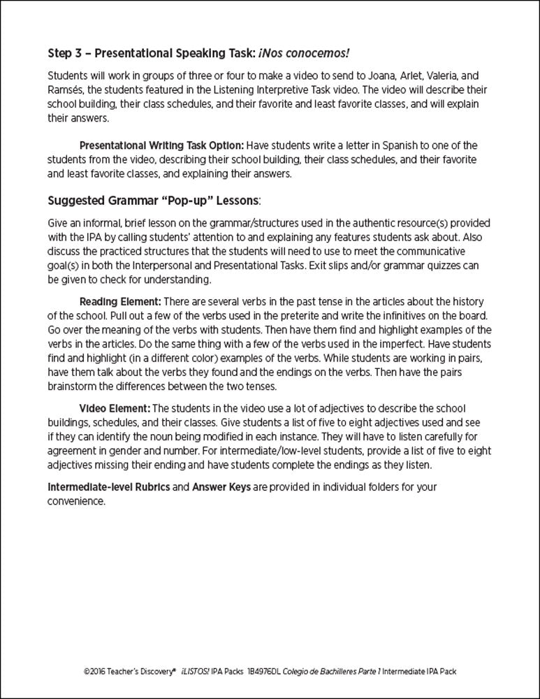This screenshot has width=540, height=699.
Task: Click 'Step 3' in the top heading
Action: [x=66, y=52]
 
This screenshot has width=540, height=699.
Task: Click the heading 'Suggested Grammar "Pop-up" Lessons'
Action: [x=152, y=201]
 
